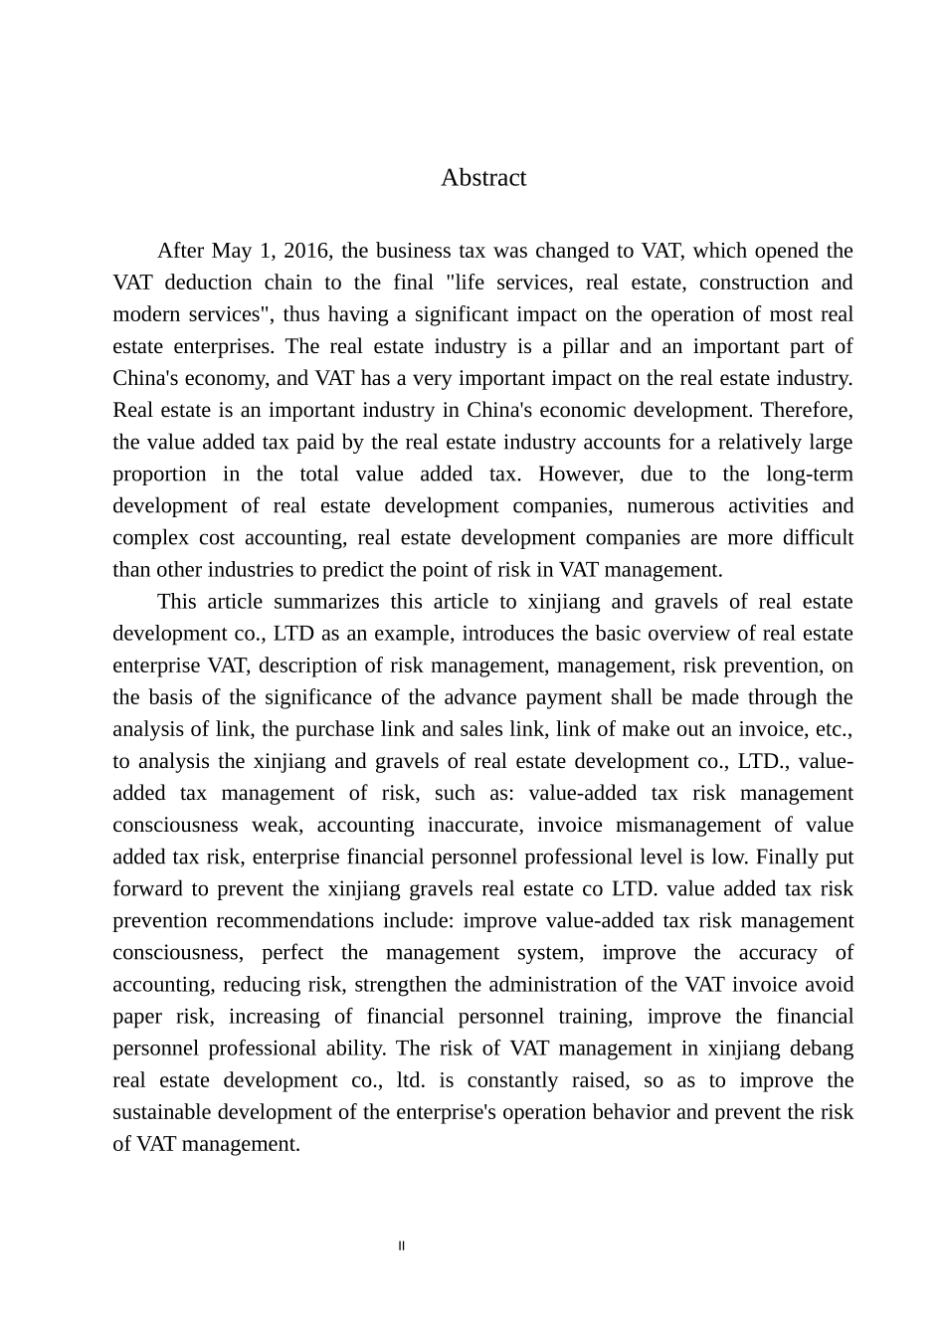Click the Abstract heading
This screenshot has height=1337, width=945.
pos(483,178)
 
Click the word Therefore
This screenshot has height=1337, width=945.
pos(805,410)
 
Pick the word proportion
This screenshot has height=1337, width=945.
pos(159,474)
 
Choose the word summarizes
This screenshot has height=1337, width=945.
pos(326,601)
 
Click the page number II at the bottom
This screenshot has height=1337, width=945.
pos(402,1245)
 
